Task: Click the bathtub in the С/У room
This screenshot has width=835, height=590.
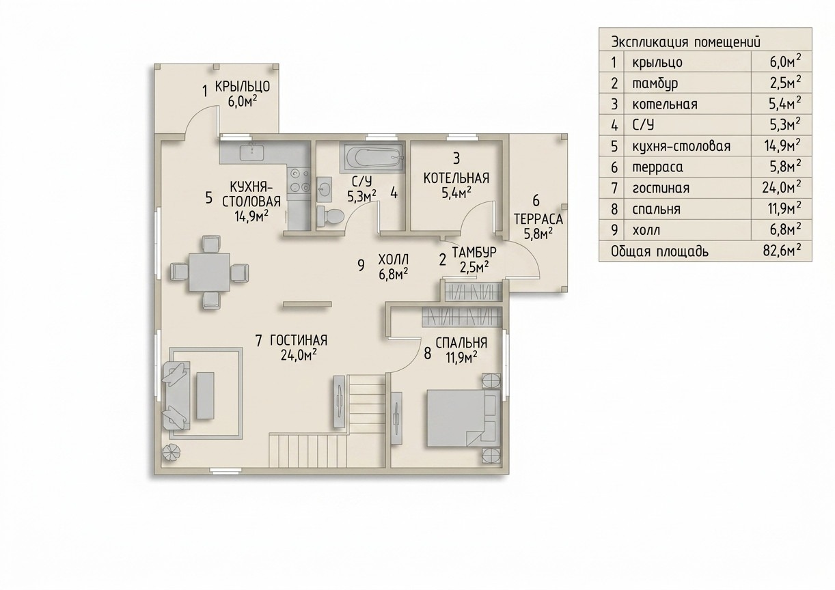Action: pos(372,158)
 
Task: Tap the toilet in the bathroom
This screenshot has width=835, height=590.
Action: pos(330,216)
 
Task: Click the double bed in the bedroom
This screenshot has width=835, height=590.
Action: pos(464,417)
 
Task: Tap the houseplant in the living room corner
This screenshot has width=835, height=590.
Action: pos(171,453)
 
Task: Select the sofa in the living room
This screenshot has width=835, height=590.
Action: pos(176,397)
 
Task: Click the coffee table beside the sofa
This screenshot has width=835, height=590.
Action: pos(205,395)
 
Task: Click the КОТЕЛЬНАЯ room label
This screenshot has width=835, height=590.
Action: pos(456,178)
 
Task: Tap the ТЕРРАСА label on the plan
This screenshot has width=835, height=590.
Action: pos(538,219)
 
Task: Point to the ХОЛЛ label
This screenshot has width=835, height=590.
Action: pos(394,259)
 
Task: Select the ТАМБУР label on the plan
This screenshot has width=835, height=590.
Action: pos(474,252)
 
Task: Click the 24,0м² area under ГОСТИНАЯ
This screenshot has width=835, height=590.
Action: pos(299,355)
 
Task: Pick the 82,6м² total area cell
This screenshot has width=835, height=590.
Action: pos(782,251)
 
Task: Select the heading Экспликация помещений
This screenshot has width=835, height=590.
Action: pos(685,42)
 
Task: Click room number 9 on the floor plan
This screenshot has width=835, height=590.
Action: pos(361,265)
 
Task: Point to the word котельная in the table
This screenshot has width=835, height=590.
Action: pos(665,104)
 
